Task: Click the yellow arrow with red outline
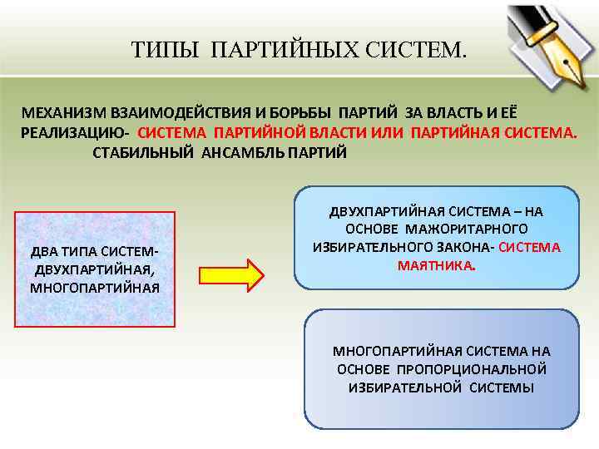point(230,275)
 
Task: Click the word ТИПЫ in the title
point(166,52)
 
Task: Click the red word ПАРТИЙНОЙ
point(260,133)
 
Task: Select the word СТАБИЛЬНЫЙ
point(144,154)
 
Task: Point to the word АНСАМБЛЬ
point(243,154)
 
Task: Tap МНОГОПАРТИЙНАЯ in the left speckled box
point(95,289)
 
